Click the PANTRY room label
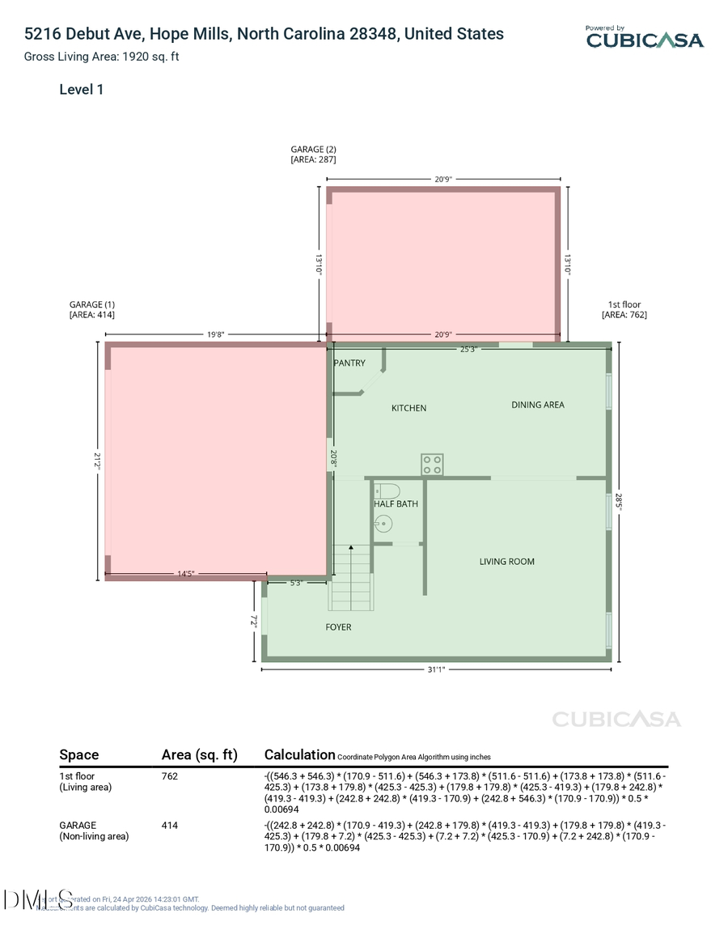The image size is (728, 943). click(x=349, y=363)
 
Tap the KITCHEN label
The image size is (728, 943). click(x=408, y=408)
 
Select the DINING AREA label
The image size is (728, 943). click(x=538, y=405)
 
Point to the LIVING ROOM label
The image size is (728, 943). click(x=506, y=562)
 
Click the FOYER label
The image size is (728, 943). click(x=338, y=627)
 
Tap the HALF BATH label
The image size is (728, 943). click(x=396, y=504)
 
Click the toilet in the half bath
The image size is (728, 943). click(x=387, y=491)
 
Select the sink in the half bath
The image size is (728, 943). click(x=383, y=524)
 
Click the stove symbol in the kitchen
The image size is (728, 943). click(x=431, y=465)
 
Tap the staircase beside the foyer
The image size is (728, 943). click(x=351, y=578)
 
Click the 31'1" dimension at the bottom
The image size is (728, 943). click(x=436, y=669)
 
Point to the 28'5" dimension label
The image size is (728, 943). click(x=619, y=502)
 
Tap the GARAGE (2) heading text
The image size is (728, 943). click(x=313, y=149)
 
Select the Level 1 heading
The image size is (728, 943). click(x=81, y=90)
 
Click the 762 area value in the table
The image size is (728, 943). click(x=170, y=776)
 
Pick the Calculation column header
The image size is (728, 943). click(x=299, y=754)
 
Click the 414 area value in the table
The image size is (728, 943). click(x=170, y=826)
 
